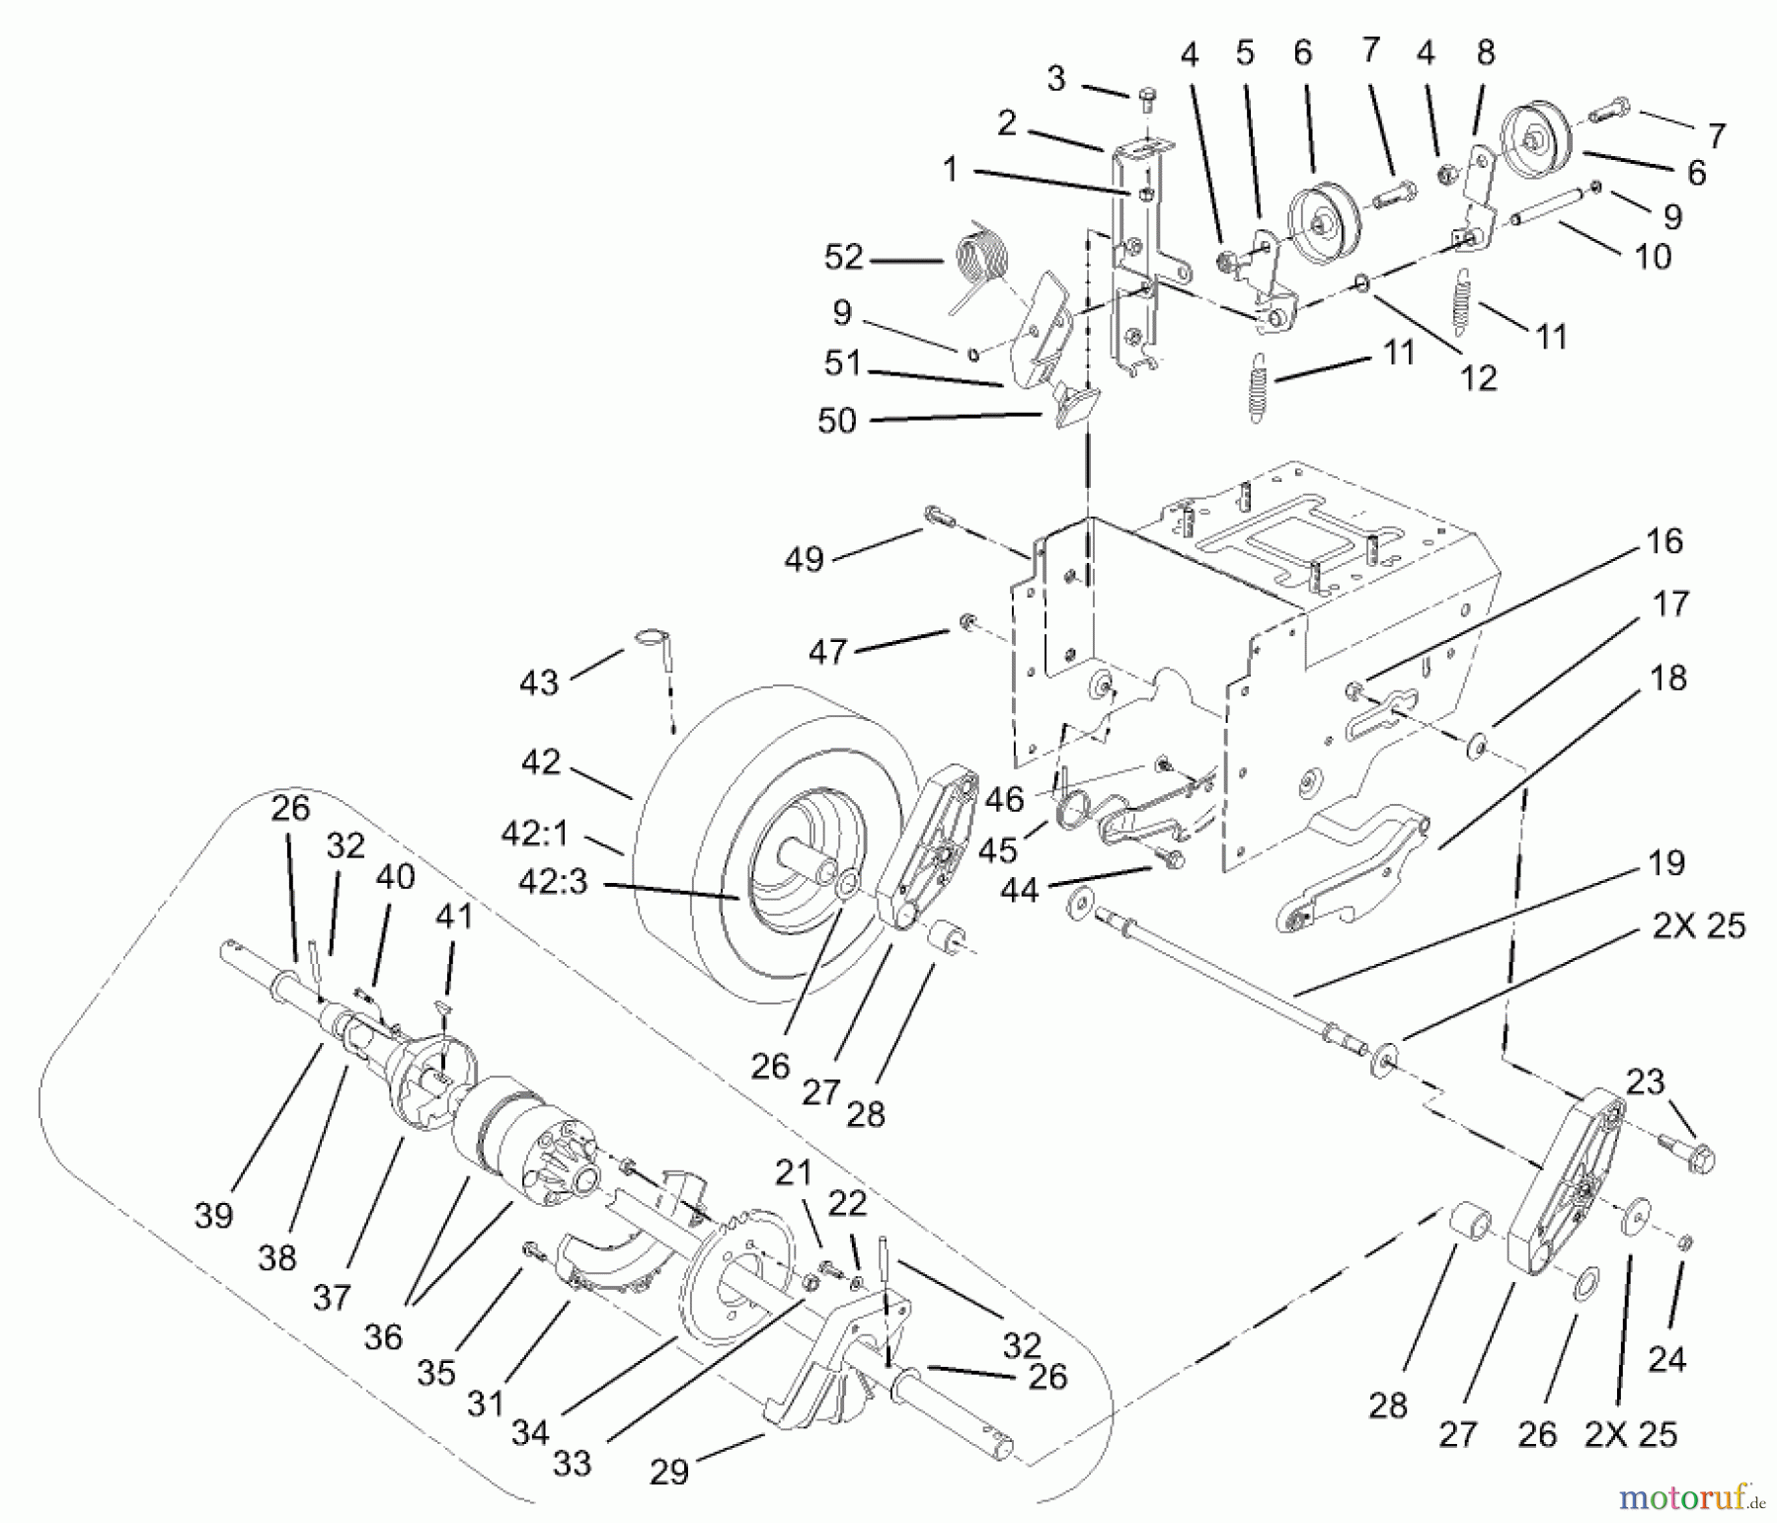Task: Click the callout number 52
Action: pos(844,258)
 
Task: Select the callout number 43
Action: pos(539,682)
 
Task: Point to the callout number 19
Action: pos(1666,863)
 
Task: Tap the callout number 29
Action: pos(669,1473)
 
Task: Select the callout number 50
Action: pos(837,421)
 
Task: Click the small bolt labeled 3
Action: pos(1146,97)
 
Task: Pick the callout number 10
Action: pos(1653,257)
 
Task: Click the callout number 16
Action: pos(1664,541)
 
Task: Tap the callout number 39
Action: pos(214,1215)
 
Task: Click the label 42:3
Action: pos(544,882)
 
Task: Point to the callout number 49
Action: pos(804,560)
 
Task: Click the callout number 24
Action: pos(1666,1359)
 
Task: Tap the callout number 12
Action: pos(1479,377)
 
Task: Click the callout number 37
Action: pos(332,1296)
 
